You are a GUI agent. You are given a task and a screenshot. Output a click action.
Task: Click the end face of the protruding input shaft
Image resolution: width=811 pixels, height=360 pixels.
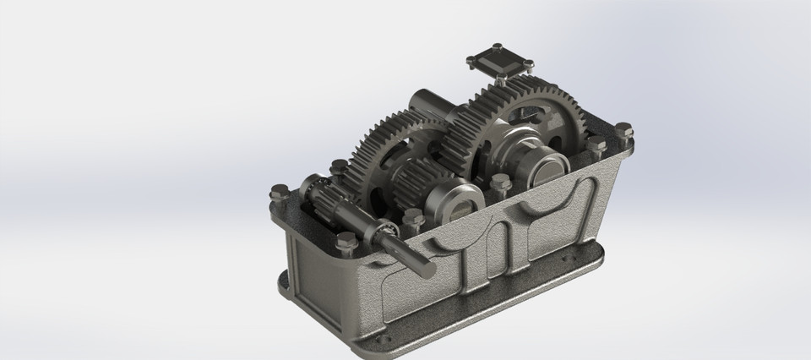point(426,270)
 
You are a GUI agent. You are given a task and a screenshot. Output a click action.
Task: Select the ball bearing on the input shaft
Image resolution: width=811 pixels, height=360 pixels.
point(384,232)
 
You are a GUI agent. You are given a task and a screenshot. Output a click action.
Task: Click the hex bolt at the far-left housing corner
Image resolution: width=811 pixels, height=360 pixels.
point(276,192)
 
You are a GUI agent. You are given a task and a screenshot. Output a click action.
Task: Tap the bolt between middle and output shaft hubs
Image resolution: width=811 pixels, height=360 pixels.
point(499,181)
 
